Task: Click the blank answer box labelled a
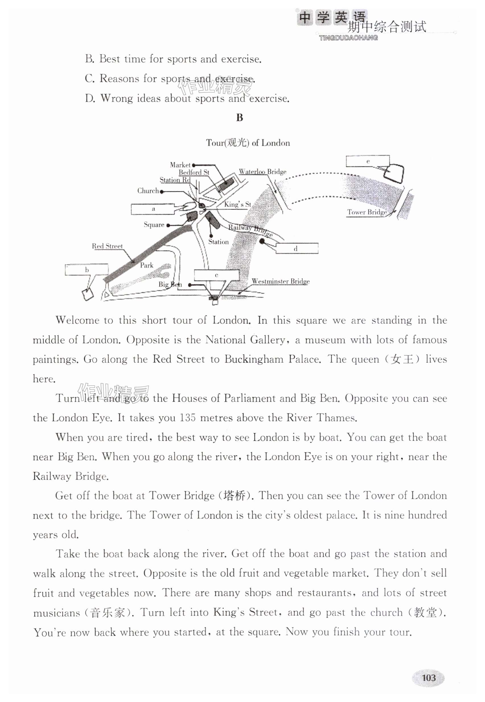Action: pos(153,209)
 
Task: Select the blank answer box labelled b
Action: pos(87,270)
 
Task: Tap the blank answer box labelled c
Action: pos(216,275)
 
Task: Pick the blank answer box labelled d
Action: pos(297,248)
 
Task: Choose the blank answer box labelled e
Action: pos(367,161)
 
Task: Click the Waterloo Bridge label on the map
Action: pos(262,172)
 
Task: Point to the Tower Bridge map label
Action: pos(367,212)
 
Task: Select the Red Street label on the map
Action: pos(107,246)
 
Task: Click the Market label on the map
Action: pos(180,165)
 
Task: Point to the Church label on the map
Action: pos(148,191)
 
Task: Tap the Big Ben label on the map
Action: pos(170,284)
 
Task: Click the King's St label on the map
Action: pos(237,204)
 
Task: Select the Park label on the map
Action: pos(147,265)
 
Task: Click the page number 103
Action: pos(428,678)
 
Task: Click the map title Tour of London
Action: pos(248,143)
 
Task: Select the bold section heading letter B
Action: pos(239,118)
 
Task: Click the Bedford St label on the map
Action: pos(194,172)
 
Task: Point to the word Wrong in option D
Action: pos(116,99)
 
